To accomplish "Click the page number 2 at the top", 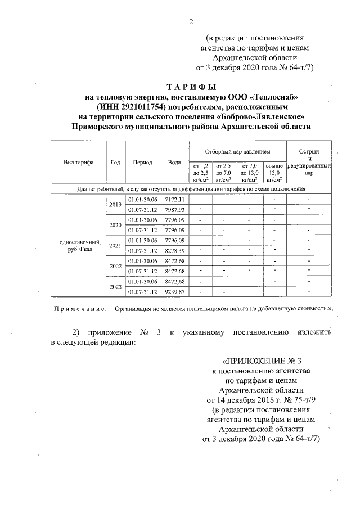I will coord(191,22).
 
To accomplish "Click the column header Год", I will coord(115,162).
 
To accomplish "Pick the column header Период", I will coord(142,162).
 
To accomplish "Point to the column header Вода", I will coord(174,162).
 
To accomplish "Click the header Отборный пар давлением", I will coord(237,152).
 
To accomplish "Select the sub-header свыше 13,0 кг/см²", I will coord(274,172).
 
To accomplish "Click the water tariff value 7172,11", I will coord(174,200).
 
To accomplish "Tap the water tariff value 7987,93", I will coord(174,210).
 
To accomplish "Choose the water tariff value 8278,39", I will coord(174,250).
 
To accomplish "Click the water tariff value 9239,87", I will coord(174,291).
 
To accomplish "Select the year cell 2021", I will coord(115,246).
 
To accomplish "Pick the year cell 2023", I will coord(115,286).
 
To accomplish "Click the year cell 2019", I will coord(115,205).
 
